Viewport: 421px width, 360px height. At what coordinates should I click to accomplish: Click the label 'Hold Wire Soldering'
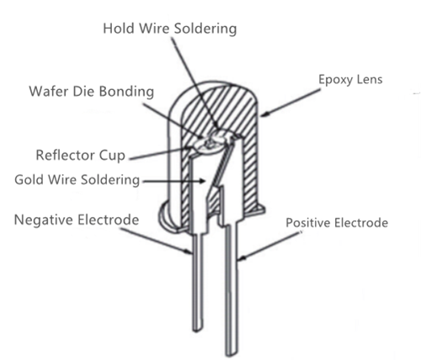tap(170, 29)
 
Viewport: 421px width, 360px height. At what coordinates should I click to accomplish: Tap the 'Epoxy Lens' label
tap(350, 80)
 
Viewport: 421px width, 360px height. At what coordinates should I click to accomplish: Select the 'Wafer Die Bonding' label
tap(92, 92)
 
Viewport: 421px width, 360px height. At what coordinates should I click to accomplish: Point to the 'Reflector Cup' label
tap(80, 156)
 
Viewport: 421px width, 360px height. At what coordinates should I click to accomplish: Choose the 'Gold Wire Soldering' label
tap(77, 180)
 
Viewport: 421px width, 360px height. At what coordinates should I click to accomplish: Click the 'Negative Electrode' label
tap(77, 220)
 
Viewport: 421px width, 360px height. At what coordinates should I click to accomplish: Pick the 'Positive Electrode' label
tap(337, 223)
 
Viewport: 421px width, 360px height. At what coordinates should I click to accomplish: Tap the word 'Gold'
tap(30, 179)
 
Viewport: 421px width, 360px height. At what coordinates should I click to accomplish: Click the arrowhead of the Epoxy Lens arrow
tap(264, 114)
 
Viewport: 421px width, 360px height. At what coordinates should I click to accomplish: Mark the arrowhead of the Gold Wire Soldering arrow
tap(203, 181)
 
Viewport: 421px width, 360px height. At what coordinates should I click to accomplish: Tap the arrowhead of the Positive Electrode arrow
tap(242, 257)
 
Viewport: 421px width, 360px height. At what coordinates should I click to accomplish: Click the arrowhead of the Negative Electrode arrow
tap(189, 251)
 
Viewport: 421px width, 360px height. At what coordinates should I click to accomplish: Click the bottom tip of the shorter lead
tap(197, 330)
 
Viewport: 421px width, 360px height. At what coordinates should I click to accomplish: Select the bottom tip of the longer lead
tap(231, 354)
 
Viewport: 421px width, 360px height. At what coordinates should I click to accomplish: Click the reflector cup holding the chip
tap(209, 145)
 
